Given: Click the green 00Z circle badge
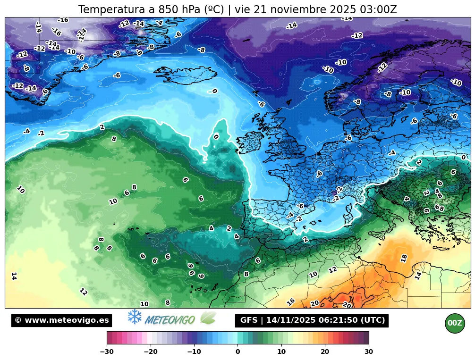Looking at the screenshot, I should click(455, 323).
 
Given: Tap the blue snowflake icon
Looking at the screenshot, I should click(135, 317).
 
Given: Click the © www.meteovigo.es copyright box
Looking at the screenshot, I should click(62, 320).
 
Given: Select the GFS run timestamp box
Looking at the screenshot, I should click(312, 320).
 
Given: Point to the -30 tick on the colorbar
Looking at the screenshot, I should click(107, 351).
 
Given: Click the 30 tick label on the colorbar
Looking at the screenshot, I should click(369, 352).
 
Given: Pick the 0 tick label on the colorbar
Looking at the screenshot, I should click(237, 352).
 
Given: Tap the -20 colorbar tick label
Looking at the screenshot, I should click(151, 352).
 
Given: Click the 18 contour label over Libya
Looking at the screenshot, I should click(404, 258).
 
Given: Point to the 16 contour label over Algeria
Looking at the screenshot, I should click(291, 301).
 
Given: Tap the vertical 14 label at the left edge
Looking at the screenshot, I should click(14, 276).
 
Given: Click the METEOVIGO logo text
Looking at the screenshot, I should click(170, 320).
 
